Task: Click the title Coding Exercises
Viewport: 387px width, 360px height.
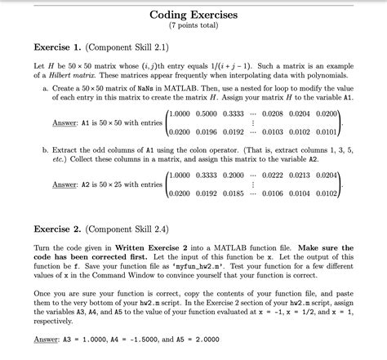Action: tap(193, 16)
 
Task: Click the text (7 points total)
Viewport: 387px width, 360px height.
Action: tap(193, 29)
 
